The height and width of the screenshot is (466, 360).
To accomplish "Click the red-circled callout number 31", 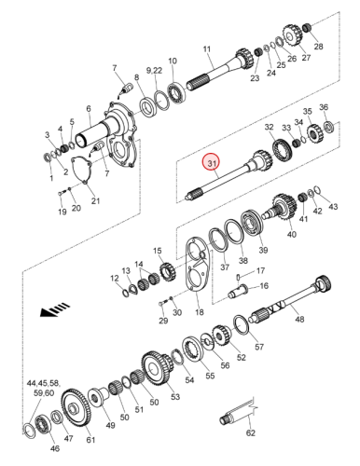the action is tap(212, 163).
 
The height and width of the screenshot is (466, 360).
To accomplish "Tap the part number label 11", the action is tap(207, 49).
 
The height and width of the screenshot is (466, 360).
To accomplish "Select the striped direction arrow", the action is tap(55, 309).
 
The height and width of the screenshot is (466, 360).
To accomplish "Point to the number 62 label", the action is tap(251, 432).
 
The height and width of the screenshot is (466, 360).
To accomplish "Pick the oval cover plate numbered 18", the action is tap(198, 265).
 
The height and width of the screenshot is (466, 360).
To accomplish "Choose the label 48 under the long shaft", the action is tap(299, 319).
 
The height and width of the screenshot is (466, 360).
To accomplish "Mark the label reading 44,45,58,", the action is tap(44, 383).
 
